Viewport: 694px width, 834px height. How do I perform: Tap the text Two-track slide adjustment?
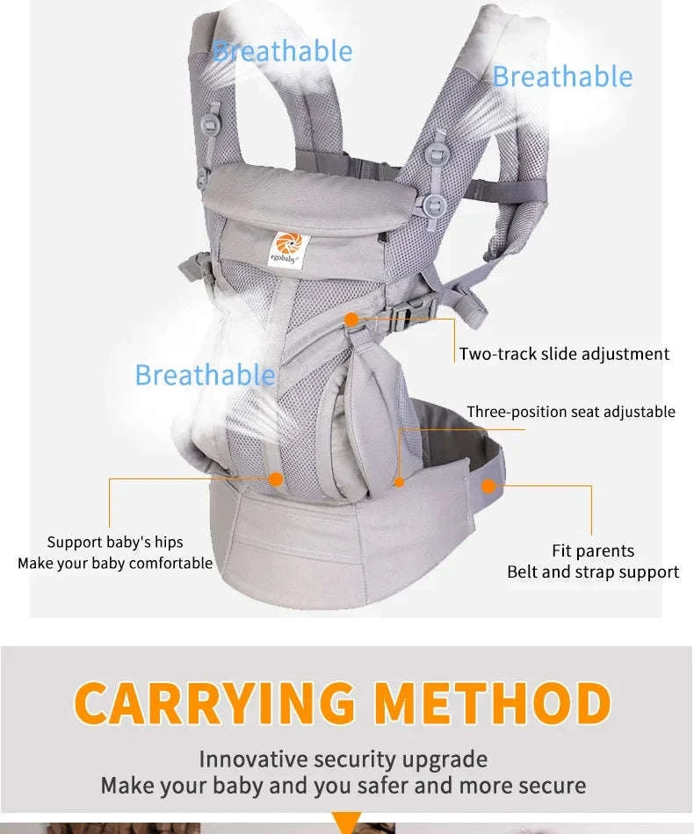(x=564, y=354)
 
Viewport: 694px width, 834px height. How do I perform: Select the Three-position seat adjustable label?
(x=571, y=412)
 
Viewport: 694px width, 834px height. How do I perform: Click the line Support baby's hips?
(x=115, y=542)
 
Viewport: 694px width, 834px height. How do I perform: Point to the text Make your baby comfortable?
(x=115, y=563)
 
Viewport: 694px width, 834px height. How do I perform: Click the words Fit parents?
(x=593, y=550)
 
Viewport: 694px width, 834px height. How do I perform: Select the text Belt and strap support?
(x=593, y=572)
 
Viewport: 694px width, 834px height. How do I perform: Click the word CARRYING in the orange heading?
(x=215, y=703)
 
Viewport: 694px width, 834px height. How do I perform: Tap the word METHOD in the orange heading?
(x=492, y=703)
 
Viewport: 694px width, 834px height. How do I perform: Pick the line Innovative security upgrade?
(x=343, y=759)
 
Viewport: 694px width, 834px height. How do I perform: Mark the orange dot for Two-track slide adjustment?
(x=351, y=320)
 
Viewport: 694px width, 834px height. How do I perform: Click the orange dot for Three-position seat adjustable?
(x=400, y=481)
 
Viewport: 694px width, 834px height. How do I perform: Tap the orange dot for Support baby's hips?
(x=275, y=479)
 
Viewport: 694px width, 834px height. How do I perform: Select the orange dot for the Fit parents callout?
(x=489, y=485)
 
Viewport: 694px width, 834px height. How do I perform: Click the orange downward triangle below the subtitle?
(x=347, y=823)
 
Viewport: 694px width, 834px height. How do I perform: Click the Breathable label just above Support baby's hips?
(x=205, y=375)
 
